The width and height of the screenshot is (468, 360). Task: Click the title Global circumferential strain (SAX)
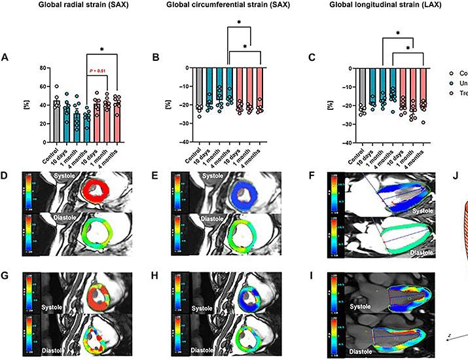[x=226, y=7]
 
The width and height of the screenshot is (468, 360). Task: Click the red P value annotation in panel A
[x=97, y=72]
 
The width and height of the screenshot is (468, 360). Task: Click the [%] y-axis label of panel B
[x=169, y=103]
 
